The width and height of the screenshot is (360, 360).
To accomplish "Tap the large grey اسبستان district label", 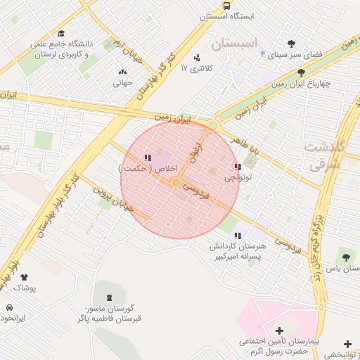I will (235, 44).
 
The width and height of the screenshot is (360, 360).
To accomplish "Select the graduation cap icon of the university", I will (61, 34).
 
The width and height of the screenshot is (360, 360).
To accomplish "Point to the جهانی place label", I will (122, 82).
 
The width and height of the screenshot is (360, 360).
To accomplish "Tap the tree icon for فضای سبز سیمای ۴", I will (292, 44).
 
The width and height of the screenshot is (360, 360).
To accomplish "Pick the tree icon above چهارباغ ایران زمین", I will (302, 72).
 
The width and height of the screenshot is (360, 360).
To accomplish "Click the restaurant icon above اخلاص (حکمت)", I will (147, 158).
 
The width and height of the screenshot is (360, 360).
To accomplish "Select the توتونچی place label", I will (238, 179).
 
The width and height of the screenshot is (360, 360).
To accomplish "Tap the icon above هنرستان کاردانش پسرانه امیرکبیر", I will (238, 236).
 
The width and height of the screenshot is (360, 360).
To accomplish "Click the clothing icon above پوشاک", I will (25, 278).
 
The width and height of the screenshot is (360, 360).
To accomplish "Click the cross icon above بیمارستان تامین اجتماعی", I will (279, 330).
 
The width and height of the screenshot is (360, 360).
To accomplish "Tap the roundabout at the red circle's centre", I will (176, 183).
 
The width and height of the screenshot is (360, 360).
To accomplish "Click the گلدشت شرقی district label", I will (324, 154).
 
